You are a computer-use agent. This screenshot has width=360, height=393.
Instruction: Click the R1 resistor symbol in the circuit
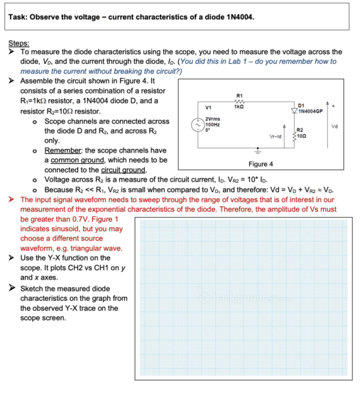coord(239,101)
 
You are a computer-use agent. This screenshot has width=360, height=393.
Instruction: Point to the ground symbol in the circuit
coord(258,151)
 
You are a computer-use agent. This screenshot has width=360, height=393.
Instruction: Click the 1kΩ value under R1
coord(239,106)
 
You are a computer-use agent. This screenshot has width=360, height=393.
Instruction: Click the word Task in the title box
coord(22,16)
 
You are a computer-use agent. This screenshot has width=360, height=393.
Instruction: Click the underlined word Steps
coord(19,43)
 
